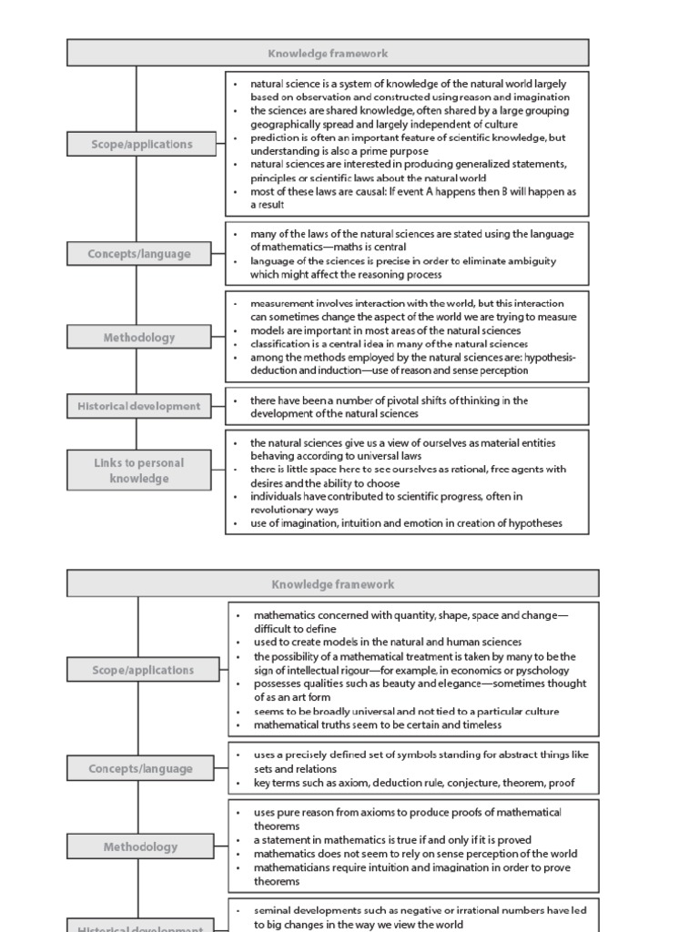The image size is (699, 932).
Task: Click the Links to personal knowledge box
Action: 138,470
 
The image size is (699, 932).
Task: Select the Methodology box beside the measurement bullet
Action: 138,337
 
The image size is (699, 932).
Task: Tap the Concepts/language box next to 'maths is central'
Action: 138,254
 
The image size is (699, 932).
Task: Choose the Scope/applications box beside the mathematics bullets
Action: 143,670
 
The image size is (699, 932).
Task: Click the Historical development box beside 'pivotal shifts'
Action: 138,406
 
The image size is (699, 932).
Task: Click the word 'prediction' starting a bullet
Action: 279,137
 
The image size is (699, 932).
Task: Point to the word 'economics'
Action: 482,670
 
